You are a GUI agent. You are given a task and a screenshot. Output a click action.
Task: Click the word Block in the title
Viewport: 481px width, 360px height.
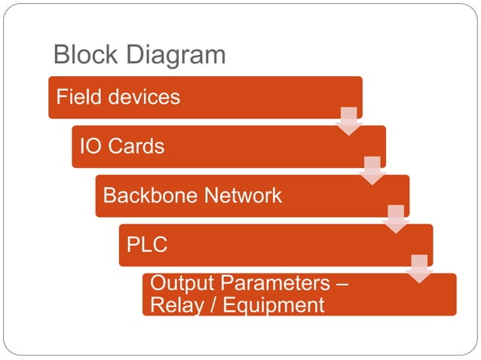85,55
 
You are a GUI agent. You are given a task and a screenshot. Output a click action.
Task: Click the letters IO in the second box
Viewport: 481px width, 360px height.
90,146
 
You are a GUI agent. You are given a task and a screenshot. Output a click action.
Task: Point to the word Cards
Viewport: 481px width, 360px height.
135,146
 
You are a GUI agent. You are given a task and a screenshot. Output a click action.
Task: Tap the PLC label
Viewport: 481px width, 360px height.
147,246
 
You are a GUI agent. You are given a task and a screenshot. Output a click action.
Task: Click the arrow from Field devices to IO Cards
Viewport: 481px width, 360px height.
348,121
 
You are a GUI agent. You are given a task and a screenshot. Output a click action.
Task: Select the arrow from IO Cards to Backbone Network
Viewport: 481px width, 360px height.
372,170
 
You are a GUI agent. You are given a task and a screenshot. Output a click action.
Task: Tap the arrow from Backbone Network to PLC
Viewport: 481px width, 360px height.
395,219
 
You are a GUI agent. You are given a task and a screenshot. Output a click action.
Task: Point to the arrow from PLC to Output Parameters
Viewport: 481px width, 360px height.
419,268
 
